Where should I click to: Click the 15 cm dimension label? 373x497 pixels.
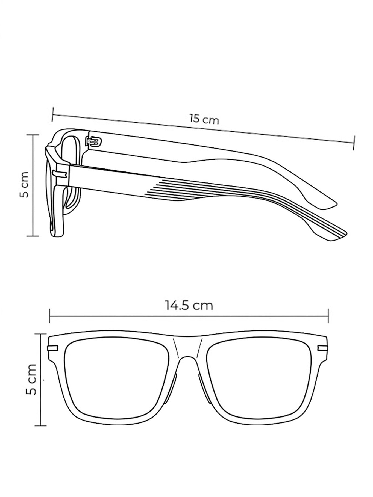click(x=204, y=119)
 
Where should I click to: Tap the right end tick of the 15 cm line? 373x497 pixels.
click(x=354, y=142)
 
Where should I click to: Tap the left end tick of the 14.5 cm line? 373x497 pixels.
click(x=50, y=316)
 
